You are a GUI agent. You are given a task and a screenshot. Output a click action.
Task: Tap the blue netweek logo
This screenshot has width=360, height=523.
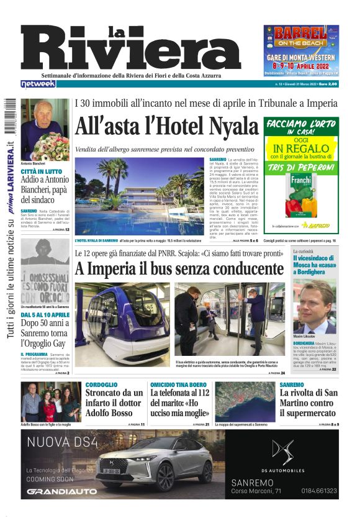38,84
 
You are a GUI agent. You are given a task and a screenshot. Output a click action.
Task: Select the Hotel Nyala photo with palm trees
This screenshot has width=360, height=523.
140,195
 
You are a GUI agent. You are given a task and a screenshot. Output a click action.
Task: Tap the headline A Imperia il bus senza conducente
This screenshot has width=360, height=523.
179,269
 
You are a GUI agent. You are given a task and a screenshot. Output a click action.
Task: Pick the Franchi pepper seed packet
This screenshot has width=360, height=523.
301,195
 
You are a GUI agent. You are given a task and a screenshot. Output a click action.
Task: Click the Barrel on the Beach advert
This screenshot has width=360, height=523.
301,49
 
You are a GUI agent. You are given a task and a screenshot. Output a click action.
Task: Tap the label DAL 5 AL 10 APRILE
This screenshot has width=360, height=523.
45,315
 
